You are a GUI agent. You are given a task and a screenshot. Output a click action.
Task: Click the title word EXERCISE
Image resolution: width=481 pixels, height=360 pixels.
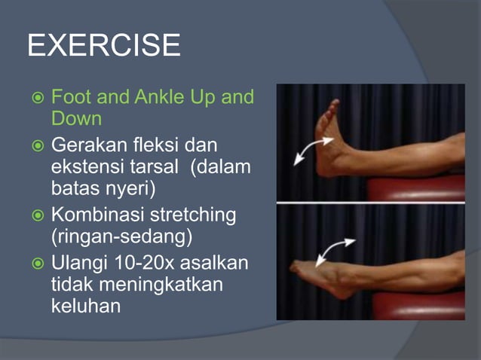coord(103,47)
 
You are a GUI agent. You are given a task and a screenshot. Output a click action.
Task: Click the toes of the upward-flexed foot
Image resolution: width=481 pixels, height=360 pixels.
coord(330,106)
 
